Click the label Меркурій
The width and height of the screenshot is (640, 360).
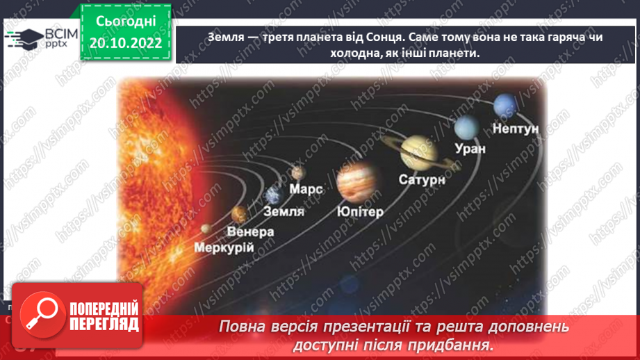pyautogui.click(x=224, y=247)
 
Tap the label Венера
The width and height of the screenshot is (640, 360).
pyautogui.click(x=250, y=231)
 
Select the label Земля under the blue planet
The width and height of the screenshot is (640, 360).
pyautogui.click(x=284, y=211)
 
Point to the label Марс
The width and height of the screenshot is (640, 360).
pyautogui.click(x=306, y=189)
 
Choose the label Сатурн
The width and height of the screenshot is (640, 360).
pyautogui.click(x=421, y=179)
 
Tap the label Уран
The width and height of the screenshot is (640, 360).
pyautogui.click(x=470, y=148)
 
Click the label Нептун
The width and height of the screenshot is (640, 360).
pyautogui.click(x=516, y=128)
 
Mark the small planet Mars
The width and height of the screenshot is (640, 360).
pyautogui.click(x=299, y=172)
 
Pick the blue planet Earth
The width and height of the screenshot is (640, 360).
pyautogui.click(x=272, y=195)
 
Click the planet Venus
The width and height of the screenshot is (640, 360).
pyautogui.click(x=238, y=213)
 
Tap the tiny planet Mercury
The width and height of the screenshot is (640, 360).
pyautogui.click(x=205, y=228)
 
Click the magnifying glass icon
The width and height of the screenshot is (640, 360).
pyautogui.click(x=39, y=312)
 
